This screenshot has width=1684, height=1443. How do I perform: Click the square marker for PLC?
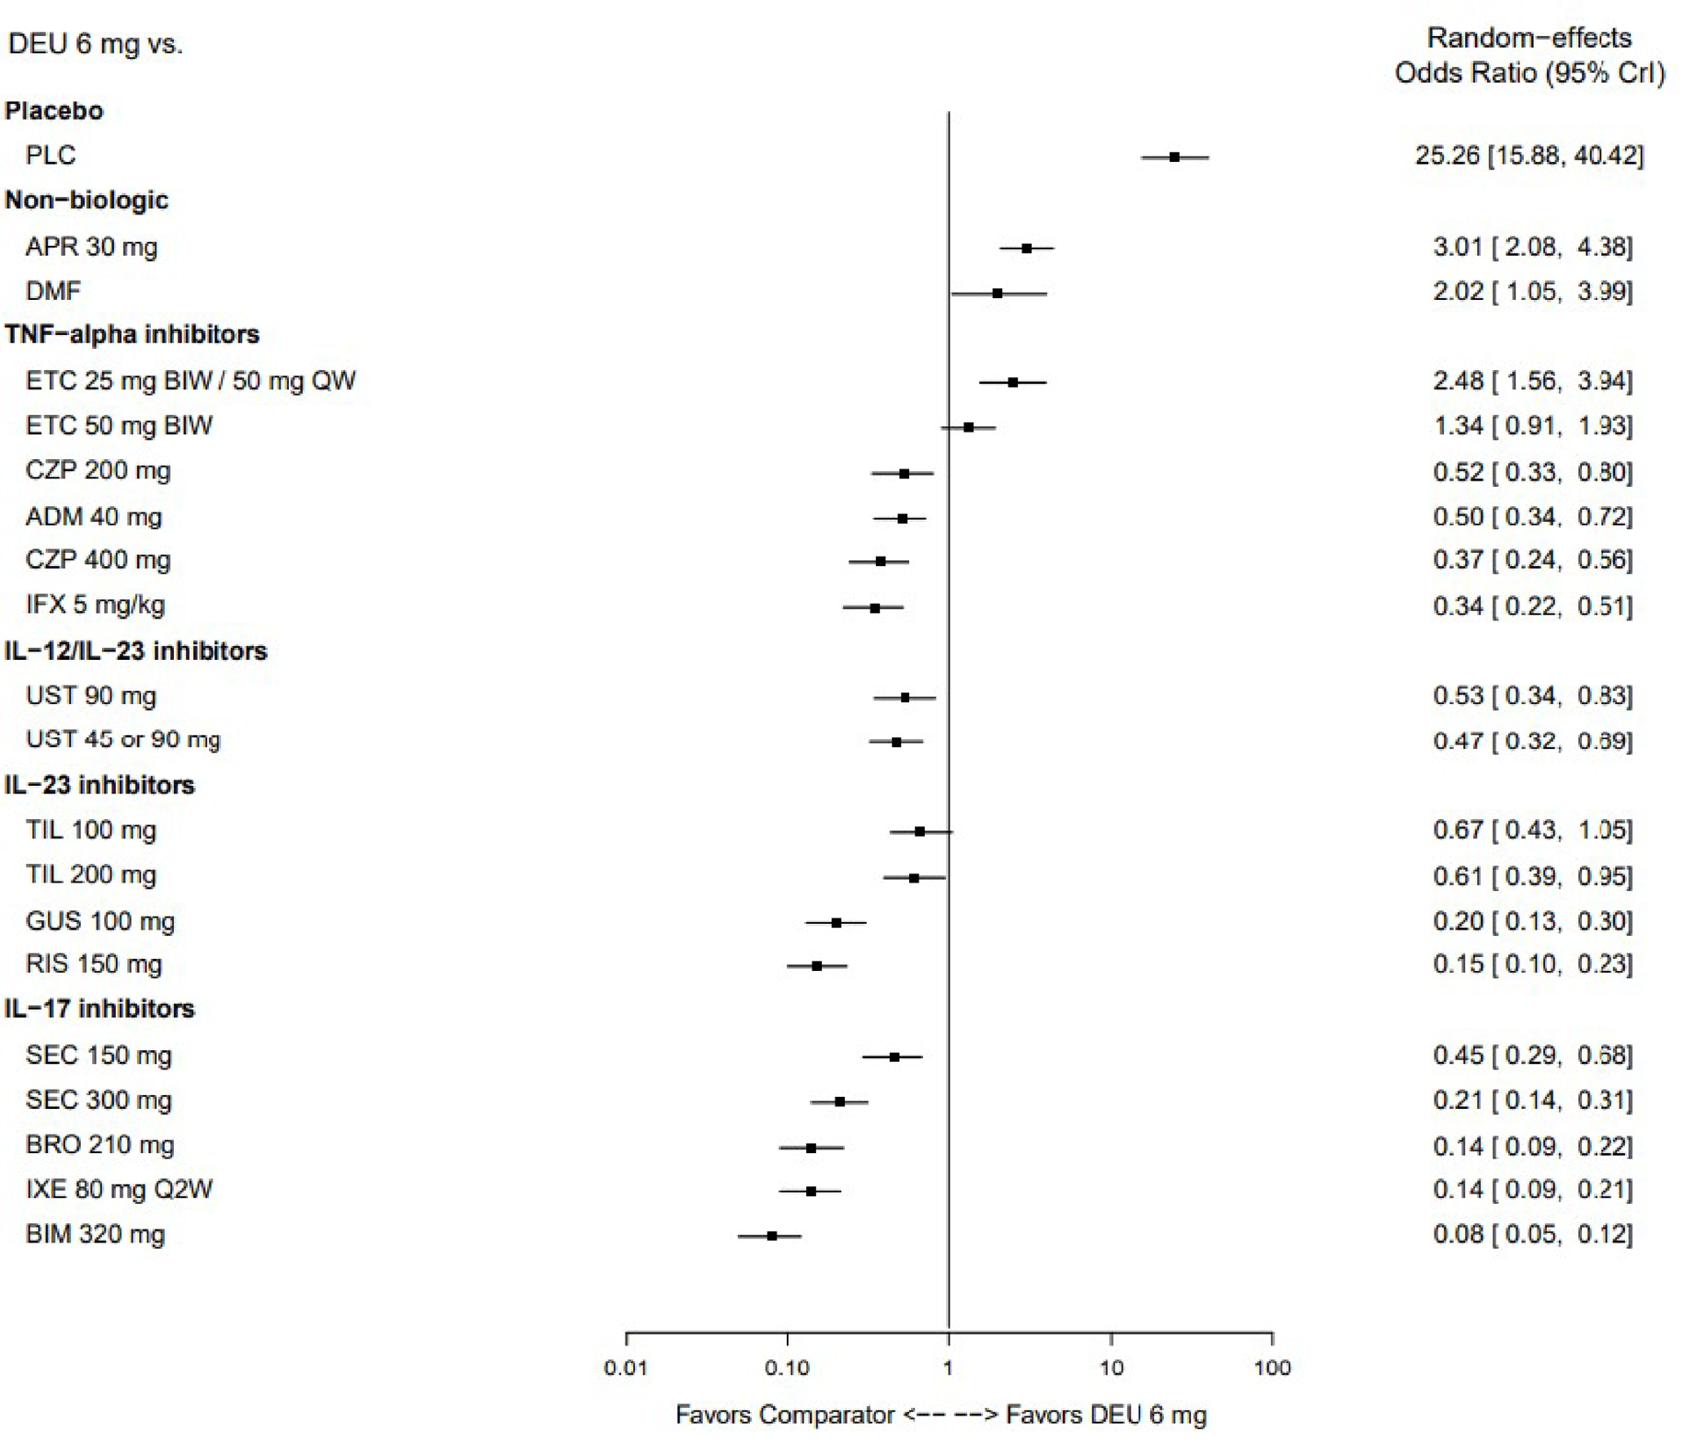tap(1174, 157)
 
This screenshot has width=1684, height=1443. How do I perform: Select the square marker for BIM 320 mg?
tap(771, 1236)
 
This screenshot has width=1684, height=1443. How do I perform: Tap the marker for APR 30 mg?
tap(1026, 248)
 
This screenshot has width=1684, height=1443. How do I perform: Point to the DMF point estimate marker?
tap(998, 294)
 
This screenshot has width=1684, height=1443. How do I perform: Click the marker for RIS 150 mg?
tap(816, 966)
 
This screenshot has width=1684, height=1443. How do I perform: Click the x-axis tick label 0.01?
tap(626, 1368)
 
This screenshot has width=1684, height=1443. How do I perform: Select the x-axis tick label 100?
tap(1272, 1368)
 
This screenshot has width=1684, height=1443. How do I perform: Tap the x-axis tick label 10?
tap(1111, 1368)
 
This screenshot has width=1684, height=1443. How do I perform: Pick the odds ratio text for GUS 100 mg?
tap(1532, 920)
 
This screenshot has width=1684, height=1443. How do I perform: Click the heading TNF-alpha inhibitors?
tap(132, 334)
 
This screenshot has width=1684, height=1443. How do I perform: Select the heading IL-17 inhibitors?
tap(99, 1009)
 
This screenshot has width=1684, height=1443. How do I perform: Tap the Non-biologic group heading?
tap(87, 200)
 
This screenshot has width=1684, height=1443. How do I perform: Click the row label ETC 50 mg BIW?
tap(119, 425)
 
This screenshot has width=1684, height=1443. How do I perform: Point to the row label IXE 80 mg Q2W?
tap(119, 1189)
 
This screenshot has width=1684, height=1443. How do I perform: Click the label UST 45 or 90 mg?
tap(122, 740)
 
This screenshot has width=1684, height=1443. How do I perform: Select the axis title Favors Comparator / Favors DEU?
tap(940, 1414)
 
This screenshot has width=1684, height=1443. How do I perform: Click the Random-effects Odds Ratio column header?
tap(1528, 55)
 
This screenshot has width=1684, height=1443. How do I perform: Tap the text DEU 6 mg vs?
tap(95, 44)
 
